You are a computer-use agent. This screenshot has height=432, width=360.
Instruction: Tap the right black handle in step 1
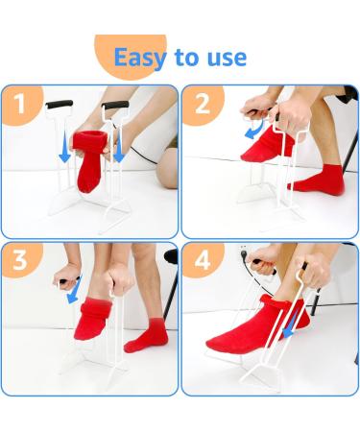pos(116,104)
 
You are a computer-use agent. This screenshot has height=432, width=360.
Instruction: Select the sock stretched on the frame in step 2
pos(262,145)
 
